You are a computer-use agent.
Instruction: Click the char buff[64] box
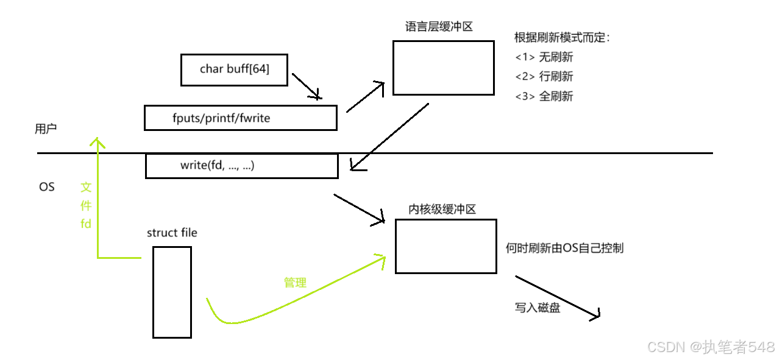pyautogui.click(x=234, y=69)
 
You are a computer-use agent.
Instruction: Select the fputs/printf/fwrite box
pyautogui.click(x=240, y=118)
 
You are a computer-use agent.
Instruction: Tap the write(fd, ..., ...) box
pyautogui.click(x=241, y=166)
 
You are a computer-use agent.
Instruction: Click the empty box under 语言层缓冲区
pyautogui.click(x=443, y=68)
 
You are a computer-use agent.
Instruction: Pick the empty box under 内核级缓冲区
pyautogui.click(x=445, y=246)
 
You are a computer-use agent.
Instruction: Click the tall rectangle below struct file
pyautogui.click(x=172, y=292)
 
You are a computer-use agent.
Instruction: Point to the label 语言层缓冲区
pyautogui.click(x=439, y=27)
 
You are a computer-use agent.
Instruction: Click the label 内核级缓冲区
pyautogui.click(x=442, y=210)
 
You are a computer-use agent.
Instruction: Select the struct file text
pyautogui.click(x=172, y=233)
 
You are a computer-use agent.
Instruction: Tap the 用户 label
pyautogui.click(x=46, y=129)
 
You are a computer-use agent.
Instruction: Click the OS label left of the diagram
pyautogui.click(x=47, y=187)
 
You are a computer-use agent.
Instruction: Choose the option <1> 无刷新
pyautogui.click(x=544, y=57)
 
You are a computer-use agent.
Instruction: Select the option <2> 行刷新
pyautogui.click(x=544, y=77)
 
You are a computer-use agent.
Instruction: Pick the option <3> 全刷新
pyautogui.click(x=544, y=96)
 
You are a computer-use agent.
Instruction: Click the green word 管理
pyautogui.click(x=295, y=283)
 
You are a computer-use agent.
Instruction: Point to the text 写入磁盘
pyautogui.click(x=538, y=308)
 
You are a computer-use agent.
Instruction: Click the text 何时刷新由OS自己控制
pyautogui.click(x=564, y=249)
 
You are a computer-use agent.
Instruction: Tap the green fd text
pyautogui.click(x=86, y=224)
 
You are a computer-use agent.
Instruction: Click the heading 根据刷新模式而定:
pyautogui.click(x=562, y=38)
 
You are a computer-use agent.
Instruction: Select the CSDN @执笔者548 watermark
pyautogui.click(x=711, y=347)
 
